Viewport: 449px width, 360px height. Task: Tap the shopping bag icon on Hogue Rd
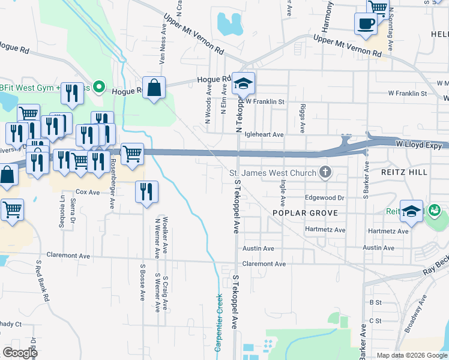(154, 88)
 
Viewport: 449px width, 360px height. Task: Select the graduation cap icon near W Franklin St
(244, 83)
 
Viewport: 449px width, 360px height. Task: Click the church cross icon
(325, 173)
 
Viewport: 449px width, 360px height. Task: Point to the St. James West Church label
(273, 173)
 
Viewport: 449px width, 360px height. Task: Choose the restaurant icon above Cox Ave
(146, 192)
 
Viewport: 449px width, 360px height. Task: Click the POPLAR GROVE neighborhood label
(305, 213)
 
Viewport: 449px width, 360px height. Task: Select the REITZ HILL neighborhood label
(404, 172)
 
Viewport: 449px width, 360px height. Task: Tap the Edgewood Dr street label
(324, 197)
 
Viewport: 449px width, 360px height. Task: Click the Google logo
(20, 353)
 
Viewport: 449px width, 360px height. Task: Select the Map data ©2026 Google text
(411, 355)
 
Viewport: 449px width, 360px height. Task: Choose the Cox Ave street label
(88, 192)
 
